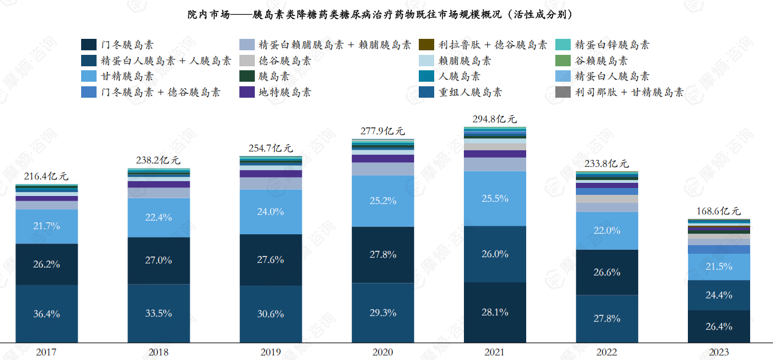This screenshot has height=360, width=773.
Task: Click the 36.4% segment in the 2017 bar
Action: tap(47, 314)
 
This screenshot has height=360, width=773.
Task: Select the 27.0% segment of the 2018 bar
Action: tap(159, 260)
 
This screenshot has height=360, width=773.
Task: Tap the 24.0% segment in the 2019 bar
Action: tap(271, 211)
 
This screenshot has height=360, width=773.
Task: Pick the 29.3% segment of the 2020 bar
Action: tap(383, 313)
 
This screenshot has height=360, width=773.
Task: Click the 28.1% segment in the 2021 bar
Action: tap(495, 312)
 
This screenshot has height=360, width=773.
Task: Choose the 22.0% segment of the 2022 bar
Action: tap(607, 230)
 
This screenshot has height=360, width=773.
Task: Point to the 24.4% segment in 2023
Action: tap(719, 295)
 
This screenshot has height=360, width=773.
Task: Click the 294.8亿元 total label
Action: tap(495, 119)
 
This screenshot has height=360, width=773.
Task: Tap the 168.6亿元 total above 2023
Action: tap(719, 211)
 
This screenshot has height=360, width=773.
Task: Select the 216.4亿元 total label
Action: tap(47, 177)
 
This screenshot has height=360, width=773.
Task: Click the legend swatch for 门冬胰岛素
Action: tap(89, 45)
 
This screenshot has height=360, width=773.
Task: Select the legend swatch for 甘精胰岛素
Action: tap(89, 76)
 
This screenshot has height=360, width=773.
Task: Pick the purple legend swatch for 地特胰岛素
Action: tap(247, 92)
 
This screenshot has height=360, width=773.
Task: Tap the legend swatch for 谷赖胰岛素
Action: tap(563, 61)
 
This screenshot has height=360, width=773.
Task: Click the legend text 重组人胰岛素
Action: tap(470, 92)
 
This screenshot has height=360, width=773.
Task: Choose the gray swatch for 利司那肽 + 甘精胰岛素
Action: tap(563, 92)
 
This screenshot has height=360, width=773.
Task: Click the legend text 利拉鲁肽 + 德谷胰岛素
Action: tap(492, 45)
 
